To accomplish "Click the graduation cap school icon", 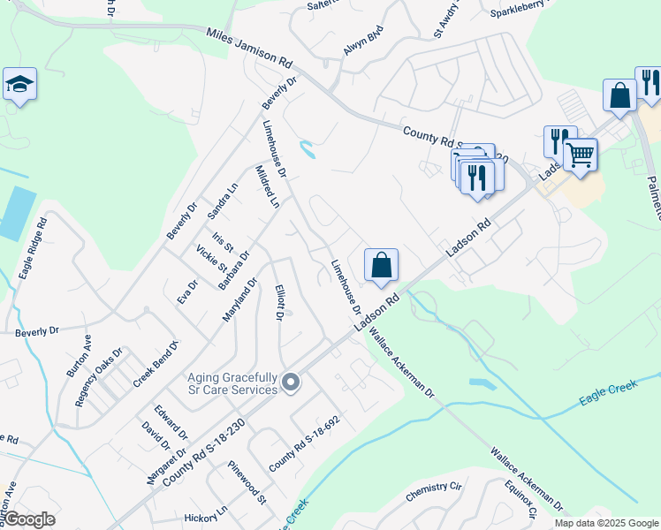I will (x=19, y=85).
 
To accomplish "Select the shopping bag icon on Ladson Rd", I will (x=381, y=265).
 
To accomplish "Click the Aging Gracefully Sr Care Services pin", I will (x=291, y=382).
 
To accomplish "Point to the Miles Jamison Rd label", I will (x=248, y=49).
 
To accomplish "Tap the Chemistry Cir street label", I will (x=434, y=493).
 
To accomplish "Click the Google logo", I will (x=28, y=519).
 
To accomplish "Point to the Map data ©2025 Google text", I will (x=605, y=523).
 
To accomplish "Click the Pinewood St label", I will (x=247, y=481).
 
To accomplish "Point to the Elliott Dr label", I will (x=278, y=304).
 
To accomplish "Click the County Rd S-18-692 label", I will (x=304, y=443).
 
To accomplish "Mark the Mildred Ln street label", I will (x=267, y=185).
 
